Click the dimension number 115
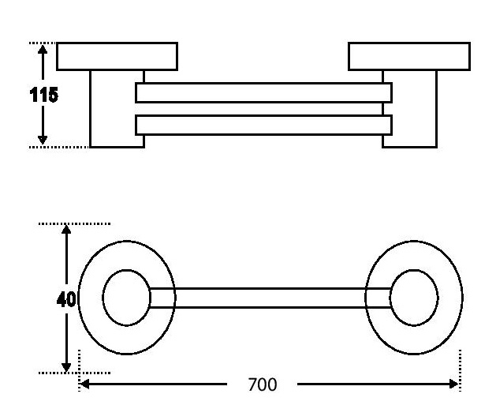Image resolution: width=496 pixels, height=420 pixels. (43, 95)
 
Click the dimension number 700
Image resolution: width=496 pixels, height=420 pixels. (263, 385)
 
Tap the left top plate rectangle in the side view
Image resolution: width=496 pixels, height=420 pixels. (117, 56)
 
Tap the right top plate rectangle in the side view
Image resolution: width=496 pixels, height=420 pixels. (409, 56)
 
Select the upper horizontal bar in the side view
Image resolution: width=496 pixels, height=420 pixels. (263, 93)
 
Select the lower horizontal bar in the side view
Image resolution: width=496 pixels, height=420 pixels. (263, 125)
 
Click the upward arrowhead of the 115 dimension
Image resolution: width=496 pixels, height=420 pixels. (43, 50)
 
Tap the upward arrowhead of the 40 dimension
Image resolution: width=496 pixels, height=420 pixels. (67, 230)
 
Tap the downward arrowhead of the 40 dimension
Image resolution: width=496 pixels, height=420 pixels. (67, 366)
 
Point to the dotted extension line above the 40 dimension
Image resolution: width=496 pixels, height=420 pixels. (75, 223)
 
